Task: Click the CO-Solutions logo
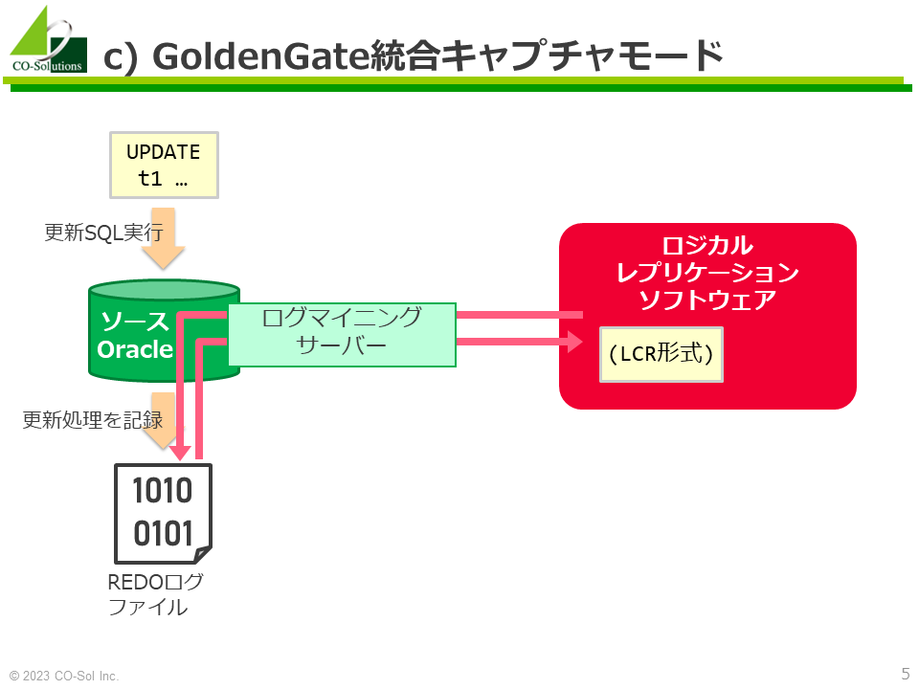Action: tap(49, 40)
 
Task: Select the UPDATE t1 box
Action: tap(164, 166)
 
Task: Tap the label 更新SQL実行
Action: tap(103, 233)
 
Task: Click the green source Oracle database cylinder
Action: tap(164, 330)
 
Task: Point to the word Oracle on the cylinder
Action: tap(135, 349)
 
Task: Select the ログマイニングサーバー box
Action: tap(342, 335)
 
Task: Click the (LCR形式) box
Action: tap(661, 354)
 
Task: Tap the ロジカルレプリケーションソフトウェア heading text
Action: tap(707, 273)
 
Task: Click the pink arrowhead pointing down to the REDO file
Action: tap(180, 453)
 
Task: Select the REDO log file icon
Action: tap(163, 514)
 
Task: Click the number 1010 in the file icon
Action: tap(163, 490)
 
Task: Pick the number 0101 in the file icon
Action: tap(163, 533)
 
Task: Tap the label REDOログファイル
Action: tap(155, 594)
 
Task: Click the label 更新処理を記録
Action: tap(93, 420)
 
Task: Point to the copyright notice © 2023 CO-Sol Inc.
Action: tap(64, 676)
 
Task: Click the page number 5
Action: tap(906, 673)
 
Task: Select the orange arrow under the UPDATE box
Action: tap(163, 238)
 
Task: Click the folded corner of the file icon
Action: tap(203, 554)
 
